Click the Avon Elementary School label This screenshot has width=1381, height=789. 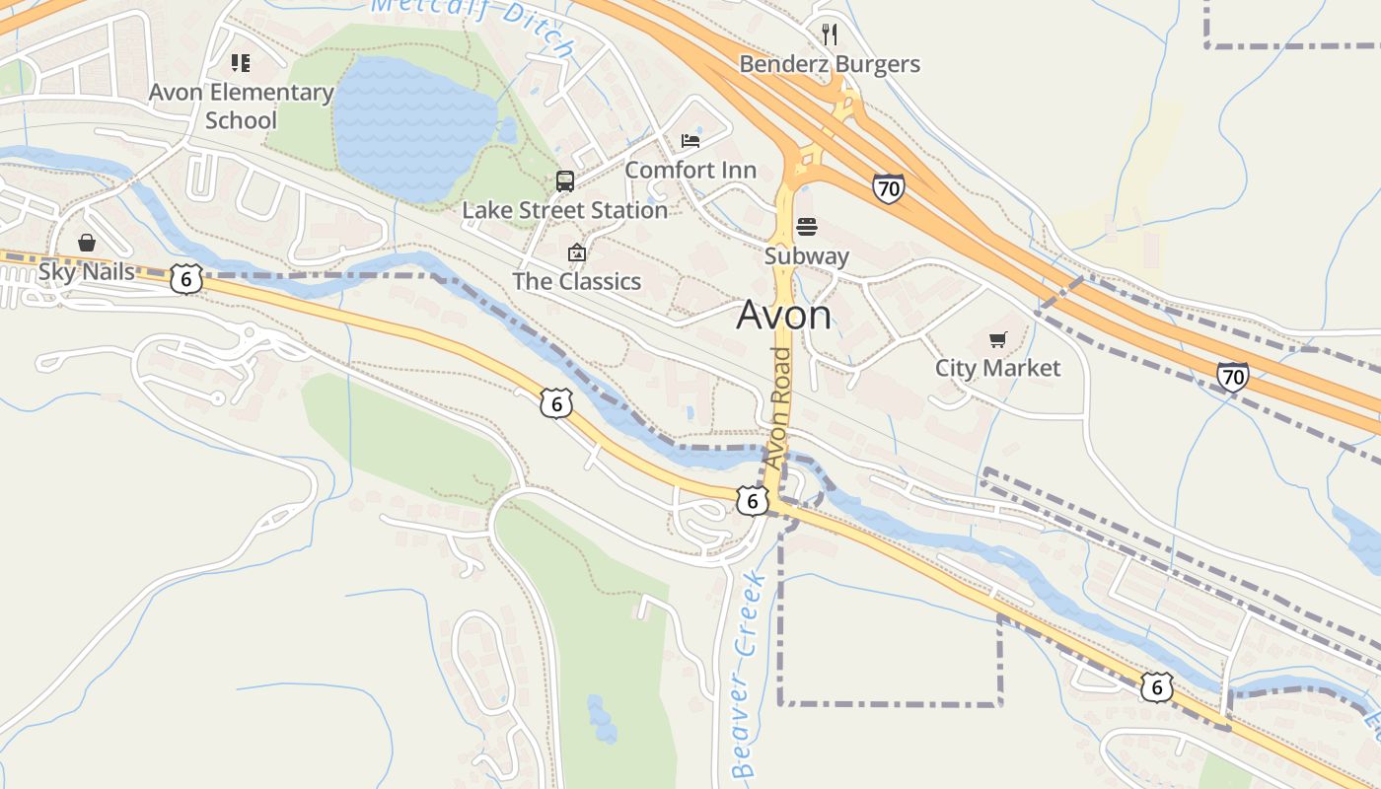pos(242,107)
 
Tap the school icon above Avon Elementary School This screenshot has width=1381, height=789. pos(241,64)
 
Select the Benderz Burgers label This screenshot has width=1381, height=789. pos(830,64)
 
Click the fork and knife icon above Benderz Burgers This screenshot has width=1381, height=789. pos(830,36)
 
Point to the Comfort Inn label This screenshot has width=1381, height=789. pos(690,170)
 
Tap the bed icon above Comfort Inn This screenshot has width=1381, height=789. pos(690,141)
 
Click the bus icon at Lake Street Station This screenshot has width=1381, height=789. pos(565,181)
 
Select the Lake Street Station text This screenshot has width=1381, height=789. pos(565,210)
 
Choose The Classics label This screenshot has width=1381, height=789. pos(576,281)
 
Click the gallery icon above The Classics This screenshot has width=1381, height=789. pos(577,253)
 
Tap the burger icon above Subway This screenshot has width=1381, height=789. pos(807,228)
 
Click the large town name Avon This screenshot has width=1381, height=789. pos(784,316)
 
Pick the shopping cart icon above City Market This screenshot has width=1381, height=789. pos(998,340)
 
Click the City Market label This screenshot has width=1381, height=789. pos(998,368)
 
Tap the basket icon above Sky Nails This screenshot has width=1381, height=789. pos(87,243)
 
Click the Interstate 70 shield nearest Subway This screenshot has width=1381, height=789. pos(888,188)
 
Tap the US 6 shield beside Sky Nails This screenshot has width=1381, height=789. pos(185,279)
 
